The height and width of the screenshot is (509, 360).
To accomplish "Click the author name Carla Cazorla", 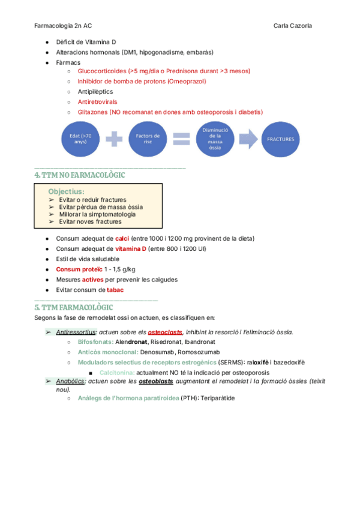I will coord(292,26).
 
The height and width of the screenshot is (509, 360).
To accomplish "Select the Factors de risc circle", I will coord(147,139).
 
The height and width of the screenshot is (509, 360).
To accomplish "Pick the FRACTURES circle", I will coord(281,139).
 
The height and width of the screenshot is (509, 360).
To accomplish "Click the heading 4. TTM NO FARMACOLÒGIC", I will coord(80,175).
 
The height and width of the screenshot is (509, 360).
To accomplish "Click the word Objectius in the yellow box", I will coord(67,191).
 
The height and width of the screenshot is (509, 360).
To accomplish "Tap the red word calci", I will coord(122,238).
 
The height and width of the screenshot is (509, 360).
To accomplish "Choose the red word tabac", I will coord(115,289).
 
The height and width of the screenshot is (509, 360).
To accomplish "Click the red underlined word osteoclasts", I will coord(165,331).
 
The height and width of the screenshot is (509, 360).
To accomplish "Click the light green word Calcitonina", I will coord(116,372).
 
